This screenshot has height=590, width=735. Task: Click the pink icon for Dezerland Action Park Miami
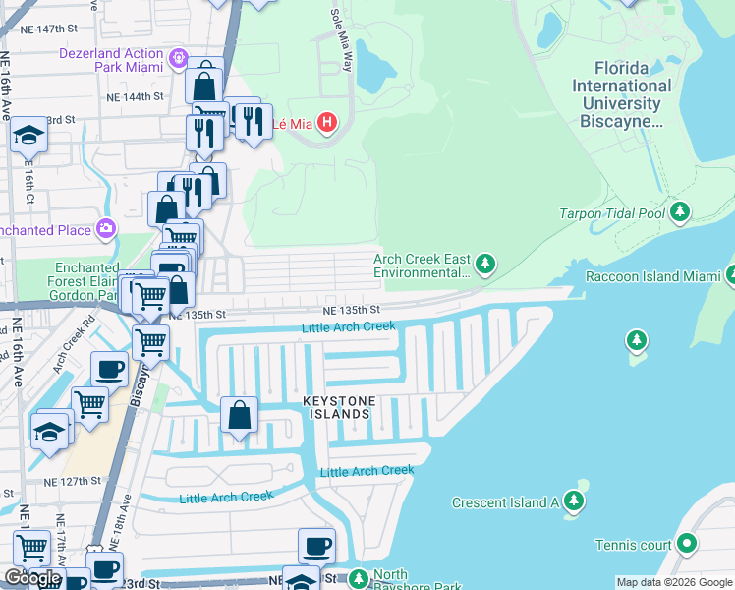click(178, 59)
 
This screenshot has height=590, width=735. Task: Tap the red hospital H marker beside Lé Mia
click(327, 124)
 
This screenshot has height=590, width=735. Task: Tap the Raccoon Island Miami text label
click(652, 276)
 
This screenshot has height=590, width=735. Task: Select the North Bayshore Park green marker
click(359, 577)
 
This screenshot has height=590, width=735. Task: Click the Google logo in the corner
click(32, 578)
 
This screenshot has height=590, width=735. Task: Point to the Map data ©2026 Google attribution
click(674, 582)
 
